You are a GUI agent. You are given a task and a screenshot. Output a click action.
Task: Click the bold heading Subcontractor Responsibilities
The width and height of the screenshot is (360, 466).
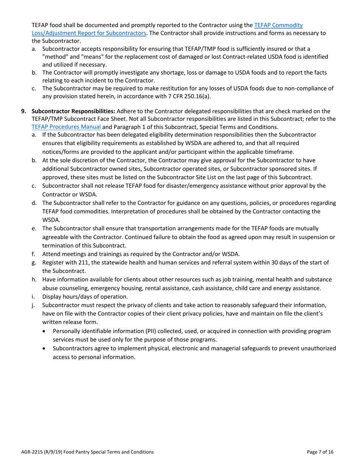point(74,111)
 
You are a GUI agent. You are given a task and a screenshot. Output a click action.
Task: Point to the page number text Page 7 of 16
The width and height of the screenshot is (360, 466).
point(320,452)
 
